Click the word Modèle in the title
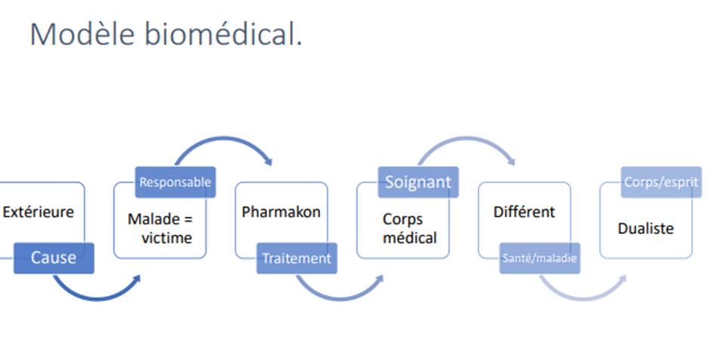(82, 33)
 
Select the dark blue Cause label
(54, 258)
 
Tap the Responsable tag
(175, 182)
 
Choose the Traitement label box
(297, 258)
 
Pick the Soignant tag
(418, 182)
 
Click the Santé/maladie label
(540, 258)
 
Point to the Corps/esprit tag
(661, 182)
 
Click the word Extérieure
(38, 212)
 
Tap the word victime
(167, 238)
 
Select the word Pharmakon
(281, 212)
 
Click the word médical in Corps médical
(410, 238)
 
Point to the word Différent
(524, 212)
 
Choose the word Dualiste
(645, 229)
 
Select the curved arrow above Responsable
(223, 139)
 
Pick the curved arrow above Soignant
(466, 139)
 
